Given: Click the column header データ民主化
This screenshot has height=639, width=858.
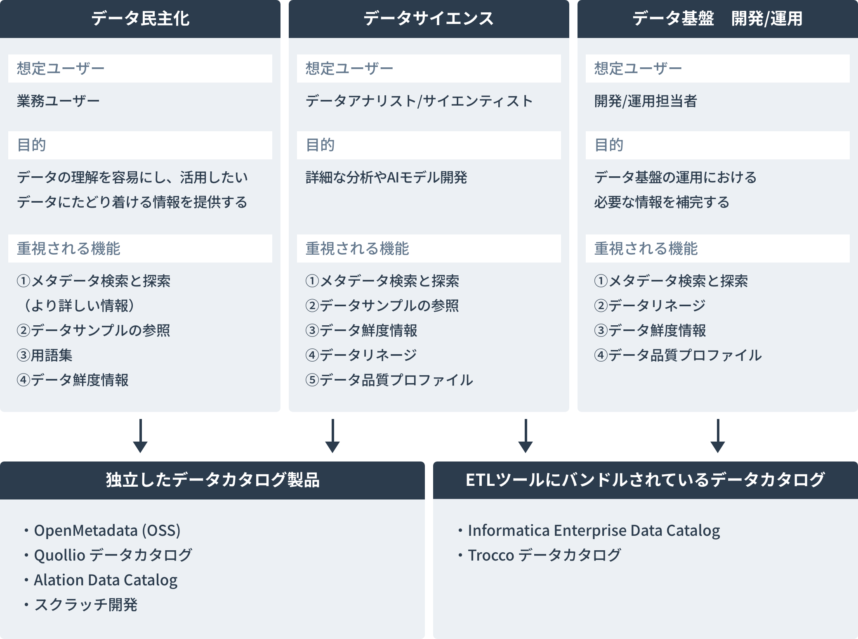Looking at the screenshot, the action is [x=140, y=19].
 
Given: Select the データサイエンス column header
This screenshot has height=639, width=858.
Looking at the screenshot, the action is [x=429, y=19].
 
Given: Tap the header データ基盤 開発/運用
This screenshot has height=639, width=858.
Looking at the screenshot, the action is [x=717, y=19].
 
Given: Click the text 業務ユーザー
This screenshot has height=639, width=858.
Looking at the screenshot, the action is [x=58, y=101].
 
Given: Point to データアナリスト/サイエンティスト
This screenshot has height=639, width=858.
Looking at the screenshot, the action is [x=419, y=101].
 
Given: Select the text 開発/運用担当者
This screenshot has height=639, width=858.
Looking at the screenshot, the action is [x=646, y=101].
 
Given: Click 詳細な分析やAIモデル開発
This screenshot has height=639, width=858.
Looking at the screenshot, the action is [x=386, y=177].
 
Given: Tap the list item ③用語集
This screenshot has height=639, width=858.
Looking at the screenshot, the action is [x=45, y=355].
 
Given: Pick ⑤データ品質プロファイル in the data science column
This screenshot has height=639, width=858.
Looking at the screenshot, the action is [x=389, y=380].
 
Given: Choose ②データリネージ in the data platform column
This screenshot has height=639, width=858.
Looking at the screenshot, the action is [x=650, y=305].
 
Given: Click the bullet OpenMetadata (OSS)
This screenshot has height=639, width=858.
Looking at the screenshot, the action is [x=107, y=530].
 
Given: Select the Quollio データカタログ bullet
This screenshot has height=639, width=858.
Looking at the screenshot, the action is [x=113, y=555].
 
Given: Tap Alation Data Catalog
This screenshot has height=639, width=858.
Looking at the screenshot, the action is [x=106, y=580].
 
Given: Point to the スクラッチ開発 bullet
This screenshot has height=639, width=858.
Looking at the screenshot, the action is [x=85, y=605].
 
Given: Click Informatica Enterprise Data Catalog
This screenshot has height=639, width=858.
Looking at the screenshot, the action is [x=594, y=530].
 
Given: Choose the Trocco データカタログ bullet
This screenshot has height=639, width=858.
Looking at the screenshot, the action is [x=544, y=555].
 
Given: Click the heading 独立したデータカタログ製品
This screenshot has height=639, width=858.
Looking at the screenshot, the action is [x=212, y=480].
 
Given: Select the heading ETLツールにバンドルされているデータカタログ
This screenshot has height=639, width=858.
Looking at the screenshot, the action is [x=645, y=480].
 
